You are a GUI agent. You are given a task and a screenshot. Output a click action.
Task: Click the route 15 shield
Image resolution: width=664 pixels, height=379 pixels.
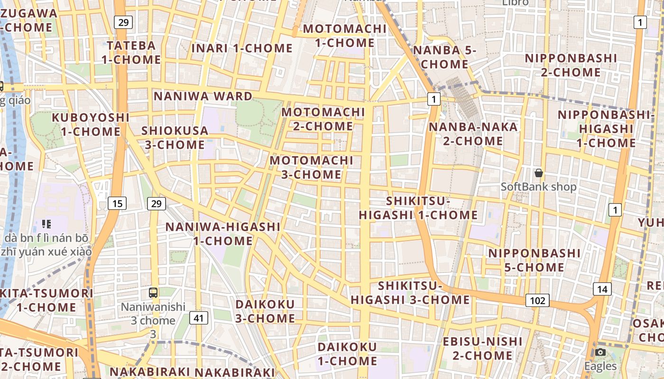click(x=117, y=204)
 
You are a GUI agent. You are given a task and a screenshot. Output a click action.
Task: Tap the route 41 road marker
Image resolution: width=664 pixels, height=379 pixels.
click(x=198, y=318)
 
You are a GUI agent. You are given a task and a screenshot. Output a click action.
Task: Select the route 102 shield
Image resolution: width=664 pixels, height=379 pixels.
click(x=537, y=300)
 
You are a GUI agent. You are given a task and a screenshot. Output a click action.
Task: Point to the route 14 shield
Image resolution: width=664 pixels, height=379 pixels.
click(x=602, y=289)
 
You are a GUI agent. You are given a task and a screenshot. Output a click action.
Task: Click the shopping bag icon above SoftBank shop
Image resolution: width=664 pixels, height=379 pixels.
click(x=538, y=173)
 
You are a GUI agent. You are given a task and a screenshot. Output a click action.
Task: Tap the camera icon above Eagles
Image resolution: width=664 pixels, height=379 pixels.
click(x=600, y=352)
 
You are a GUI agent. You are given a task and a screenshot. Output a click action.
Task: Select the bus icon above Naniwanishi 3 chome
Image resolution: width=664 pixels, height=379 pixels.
click(x=153, y=293)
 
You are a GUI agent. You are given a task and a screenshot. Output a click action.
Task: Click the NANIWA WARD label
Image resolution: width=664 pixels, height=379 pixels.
click(x=203, y=96)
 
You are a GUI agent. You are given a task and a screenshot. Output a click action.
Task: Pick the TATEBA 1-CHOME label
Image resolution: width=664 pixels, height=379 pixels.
click(x=131, y=53)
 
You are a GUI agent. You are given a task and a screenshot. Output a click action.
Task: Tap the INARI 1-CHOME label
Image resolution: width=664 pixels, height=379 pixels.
click(x=242, y=48)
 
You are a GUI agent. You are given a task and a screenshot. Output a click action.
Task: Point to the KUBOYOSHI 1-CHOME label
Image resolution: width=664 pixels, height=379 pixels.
click(x=91, y=124)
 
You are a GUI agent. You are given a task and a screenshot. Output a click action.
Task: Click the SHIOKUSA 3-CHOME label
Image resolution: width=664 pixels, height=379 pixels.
click(x=175, y=137)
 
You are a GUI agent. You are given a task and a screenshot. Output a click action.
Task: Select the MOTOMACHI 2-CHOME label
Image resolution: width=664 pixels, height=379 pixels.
click(x=323, y=119)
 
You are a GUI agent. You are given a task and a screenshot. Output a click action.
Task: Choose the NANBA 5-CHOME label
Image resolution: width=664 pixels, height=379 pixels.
click(x=443, y=57)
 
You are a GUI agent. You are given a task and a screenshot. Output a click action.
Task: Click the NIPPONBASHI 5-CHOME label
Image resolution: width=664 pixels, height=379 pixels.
click(x=534, y=260)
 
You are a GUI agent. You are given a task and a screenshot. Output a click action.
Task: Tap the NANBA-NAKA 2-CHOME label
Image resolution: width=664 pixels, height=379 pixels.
click(x=473, y=134)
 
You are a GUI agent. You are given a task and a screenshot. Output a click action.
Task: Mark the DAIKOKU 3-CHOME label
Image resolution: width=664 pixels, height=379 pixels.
click(x=265, y=311)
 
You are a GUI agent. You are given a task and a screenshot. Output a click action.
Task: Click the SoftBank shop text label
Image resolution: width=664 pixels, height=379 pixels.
click(x=539, y=187)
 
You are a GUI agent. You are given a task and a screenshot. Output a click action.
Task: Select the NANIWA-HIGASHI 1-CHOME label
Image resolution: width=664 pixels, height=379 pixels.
click(x=223, y=234)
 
